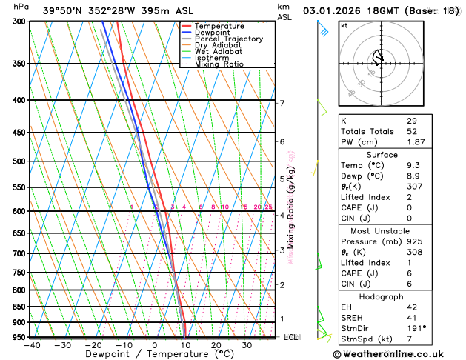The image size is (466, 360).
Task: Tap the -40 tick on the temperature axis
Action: pyautogui.click(x=31, y=345)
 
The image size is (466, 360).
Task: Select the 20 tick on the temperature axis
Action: pyautogui.click(x=216, y=345)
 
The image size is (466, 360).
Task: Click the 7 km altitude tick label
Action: pyautogui.click(x=282, y=103)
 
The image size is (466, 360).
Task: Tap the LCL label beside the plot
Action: pyautogui.click(x=291, y=337)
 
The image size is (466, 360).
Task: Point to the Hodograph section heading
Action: pyautogui.click(x=382, y=296)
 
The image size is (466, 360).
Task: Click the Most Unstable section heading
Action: pyautogui.click(x=382, y=230)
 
